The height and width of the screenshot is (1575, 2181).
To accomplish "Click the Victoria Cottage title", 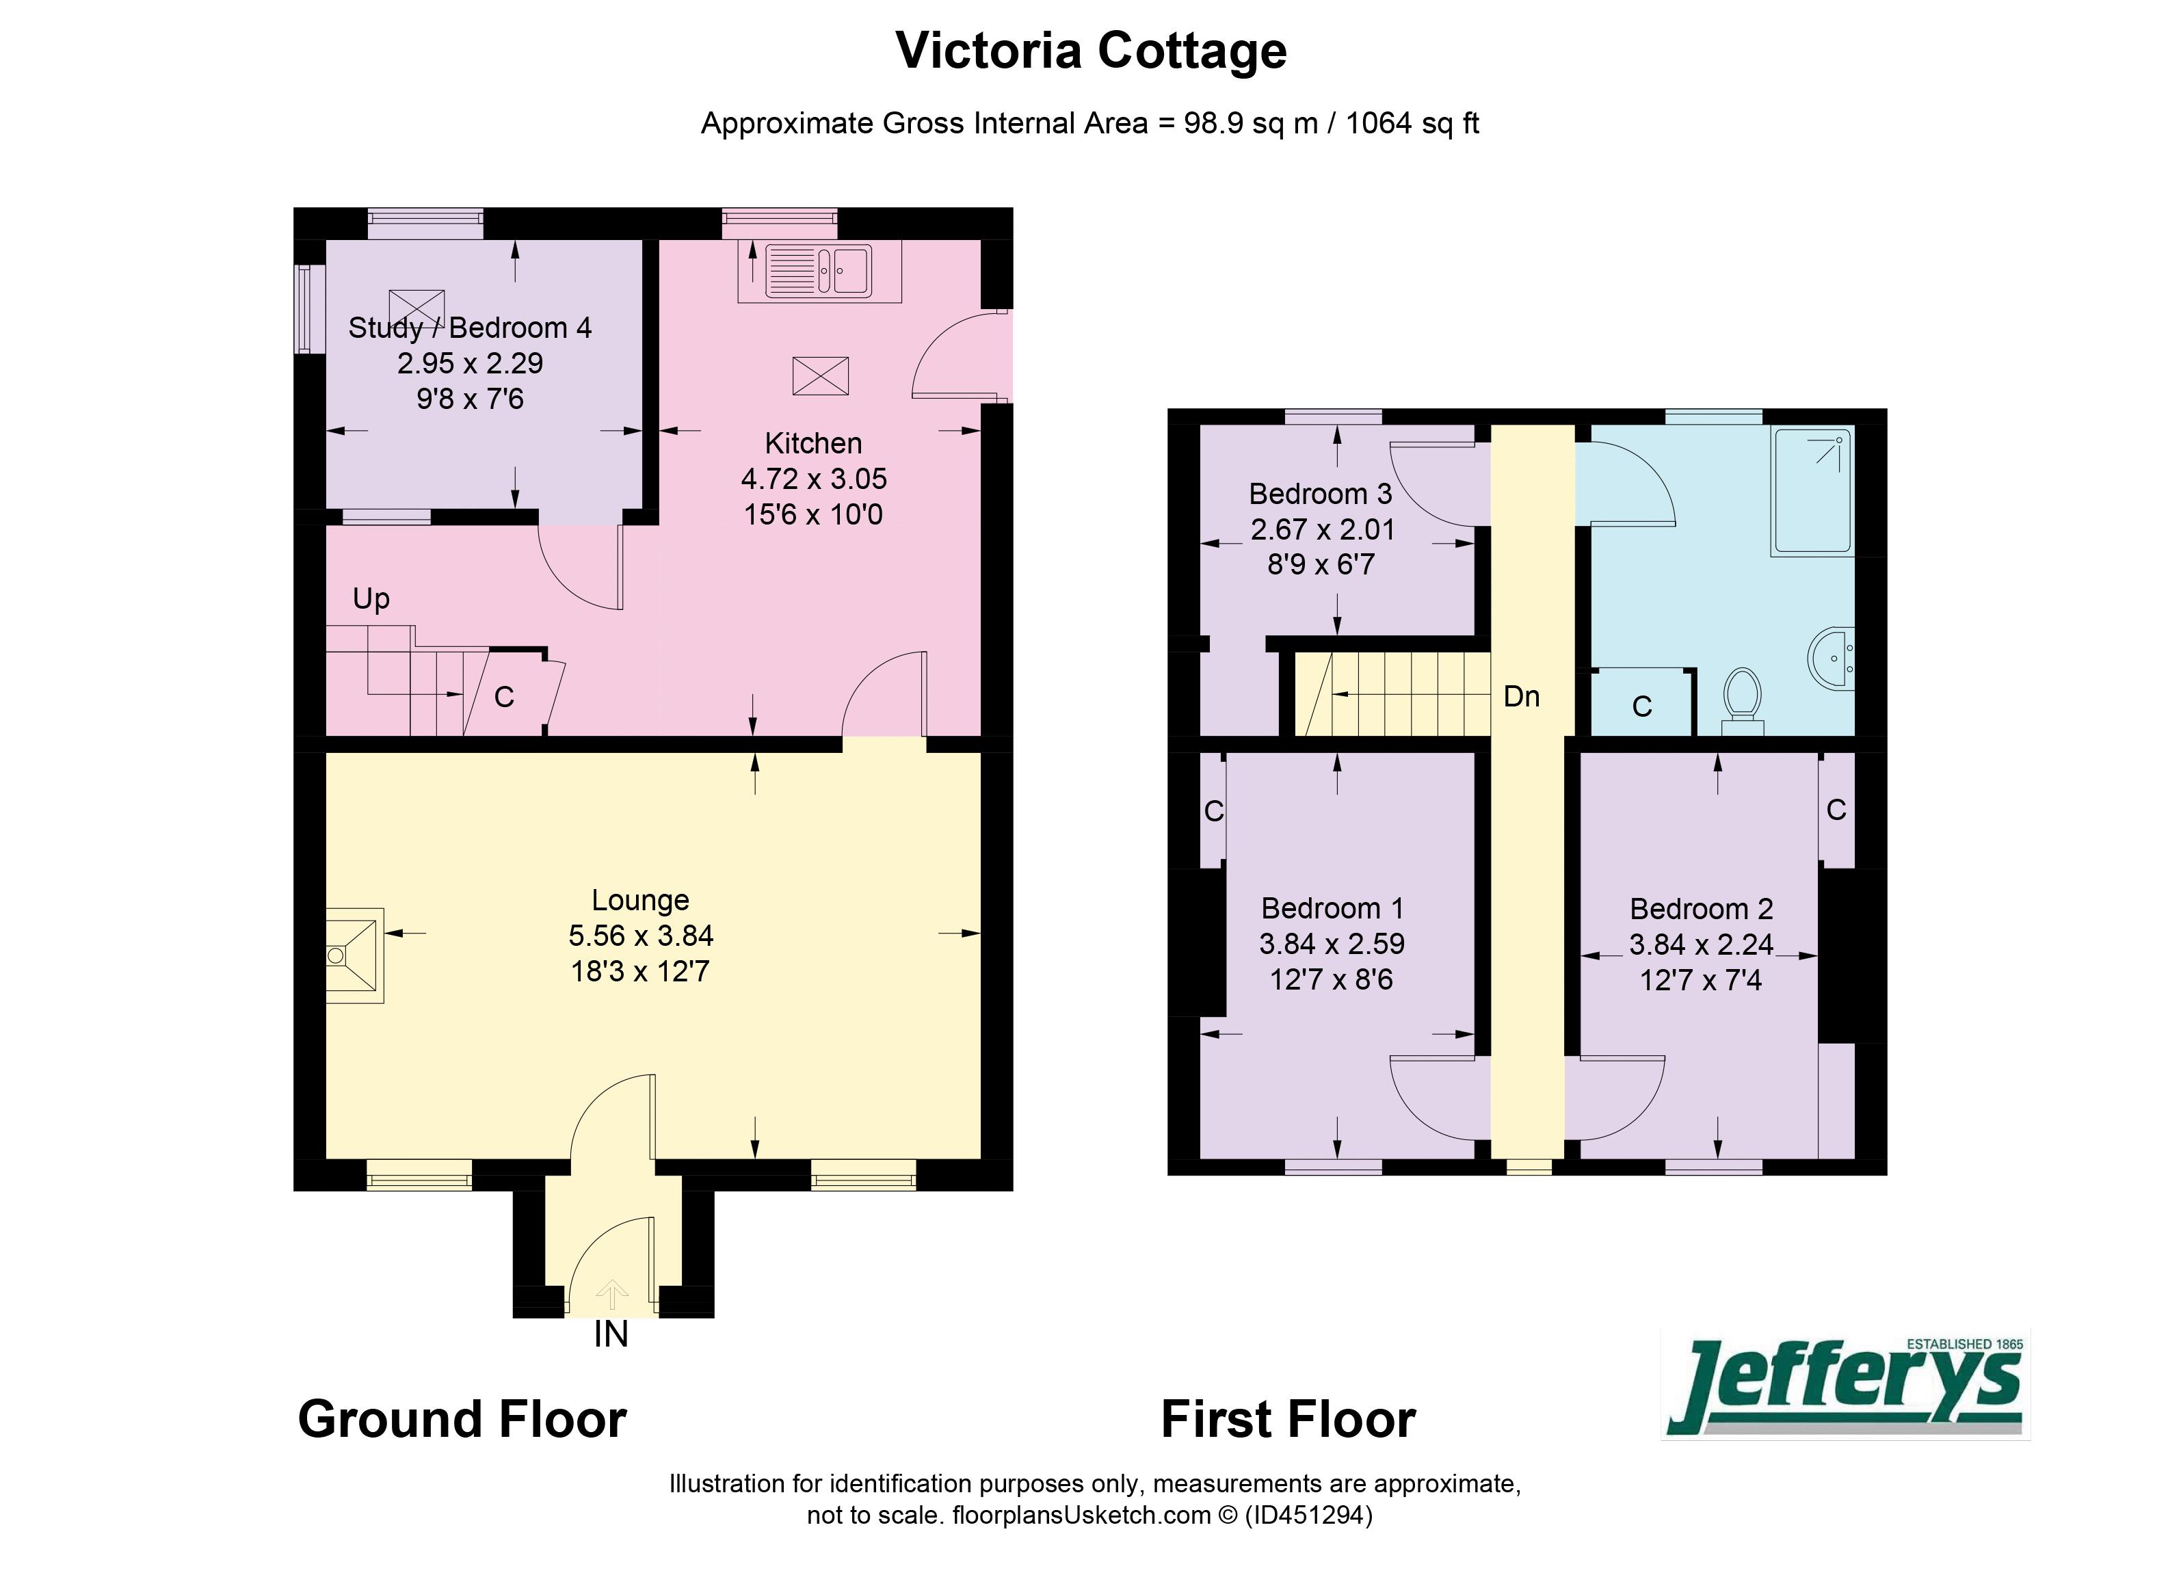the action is coord(1090,51).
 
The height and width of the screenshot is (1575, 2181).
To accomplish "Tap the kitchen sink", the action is coord(819,270).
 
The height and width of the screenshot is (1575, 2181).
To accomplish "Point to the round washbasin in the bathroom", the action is coord(1831,659).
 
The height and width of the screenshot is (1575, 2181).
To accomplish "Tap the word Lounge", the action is coord(640,900).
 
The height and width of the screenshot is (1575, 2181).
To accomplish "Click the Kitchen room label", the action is coord(812,443).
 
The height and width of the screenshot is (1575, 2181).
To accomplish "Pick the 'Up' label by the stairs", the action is coord(371,599).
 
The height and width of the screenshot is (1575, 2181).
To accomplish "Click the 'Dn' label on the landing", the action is coord(1521,696).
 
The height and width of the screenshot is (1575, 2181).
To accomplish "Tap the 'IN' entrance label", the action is coord(611,1335).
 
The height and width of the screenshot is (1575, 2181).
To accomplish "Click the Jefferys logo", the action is coord(1845,1386).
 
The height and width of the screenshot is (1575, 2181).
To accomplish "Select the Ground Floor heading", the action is coord(462,1419).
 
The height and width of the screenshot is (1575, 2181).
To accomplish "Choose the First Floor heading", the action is coord(1288,1419).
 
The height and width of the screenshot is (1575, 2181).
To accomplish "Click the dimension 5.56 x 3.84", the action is coord(640,936).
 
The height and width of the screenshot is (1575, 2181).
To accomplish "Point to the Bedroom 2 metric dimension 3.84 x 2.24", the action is coord(1700,944).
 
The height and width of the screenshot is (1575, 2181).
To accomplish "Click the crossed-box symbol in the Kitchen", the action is coord(820,375).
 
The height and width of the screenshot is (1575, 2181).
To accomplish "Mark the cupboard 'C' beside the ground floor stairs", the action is coord(504,697).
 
